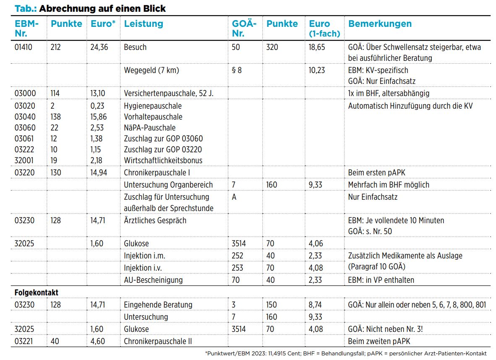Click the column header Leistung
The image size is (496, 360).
(x=143, y=24)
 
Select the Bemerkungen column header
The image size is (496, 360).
(x=380, y=24)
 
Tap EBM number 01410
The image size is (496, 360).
(x=23, y=47)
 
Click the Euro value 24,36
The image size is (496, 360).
(x=99, y=47)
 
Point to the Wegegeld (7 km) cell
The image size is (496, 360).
(x=151, y=70)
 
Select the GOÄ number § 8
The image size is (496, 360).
(x=237, y=70)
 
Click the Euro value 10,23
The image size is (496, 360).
(x=317, y=70)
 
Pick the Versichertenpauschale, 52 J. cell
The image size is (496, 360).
(x=169, y=93)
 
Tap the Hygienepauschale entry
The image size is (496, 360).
(x=153, y=106)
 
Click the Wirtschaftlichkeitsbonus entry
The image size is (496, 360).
(x=163, y=160)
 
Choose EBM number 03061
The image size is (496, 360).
(x=24, y=138)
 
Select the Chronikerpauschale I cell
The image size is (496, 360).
(x=157, y=173)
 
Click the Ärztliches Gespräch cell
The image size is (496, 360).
(x=155, y=221)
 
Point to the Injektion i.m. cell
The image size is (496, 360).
(x=144, y=256)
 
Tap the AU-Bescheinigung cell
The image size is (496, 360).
(x=154, y=280)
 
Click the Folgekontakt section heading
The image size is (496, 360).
(x=37, y=292)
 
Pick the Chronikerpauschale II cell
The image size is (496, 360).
(x=158, y=342)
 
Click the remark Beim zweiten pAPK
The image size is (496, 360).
(x=379, y=342)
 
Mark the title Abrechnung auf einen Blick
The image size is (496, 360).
(x=102, y=8)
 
